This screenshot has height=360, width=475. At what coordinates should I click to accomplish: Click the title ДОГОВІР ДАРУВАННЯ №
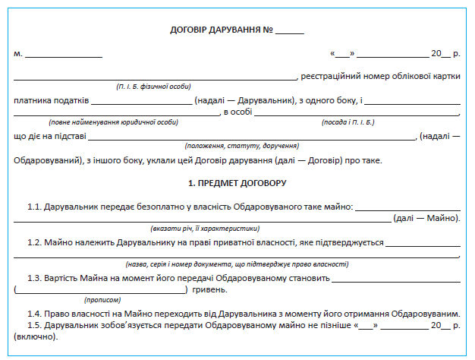click(222, 31)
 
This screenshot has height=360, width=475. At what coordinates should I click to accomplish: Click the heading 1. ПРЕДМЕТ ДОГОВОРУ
click(237, 183)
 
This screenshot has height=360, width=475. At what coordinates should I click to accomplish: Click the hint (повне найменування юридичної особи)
click(114, 122)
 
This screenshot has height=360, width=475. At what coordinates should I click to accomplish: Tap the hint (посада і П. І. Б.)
click(348, 122)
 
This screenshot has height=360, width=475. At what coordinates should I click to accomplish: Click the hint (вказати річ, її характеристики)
click(205, 228)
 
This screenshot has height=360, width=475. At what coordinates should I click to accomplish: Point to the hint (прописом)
click(99, 299)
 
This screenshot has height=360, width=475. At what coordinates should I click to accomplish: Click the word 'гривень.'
click(210, 289)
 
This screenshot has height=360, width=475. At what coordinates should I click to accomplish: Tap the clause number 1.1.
click(34, 207)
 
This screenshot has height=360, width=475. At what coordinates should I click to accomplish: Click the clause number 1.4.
click(34, 314)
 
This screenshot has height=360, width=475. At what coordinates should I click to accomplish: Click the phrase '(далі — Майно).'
click(426, 218)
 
